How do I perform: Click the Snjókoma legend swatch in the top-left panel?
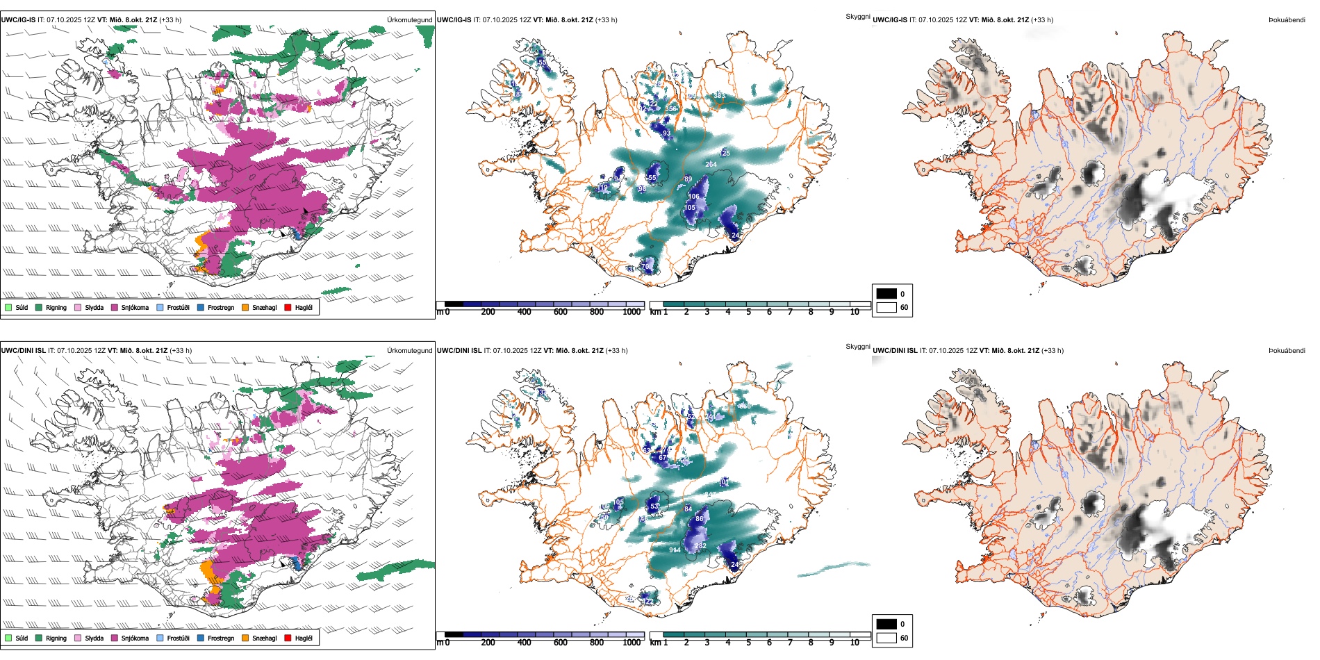pos(115,307)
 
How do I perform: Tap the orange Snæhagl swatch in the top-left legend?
pos(245,307)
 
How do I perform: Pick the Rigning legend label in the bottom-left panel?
pos(56,638)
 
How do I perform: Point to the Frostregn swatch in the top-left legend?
pos(201,307)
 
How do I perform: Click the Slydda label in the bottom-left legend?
pos(94,638)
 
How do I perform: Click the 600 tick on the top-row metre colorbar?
pos(560,312)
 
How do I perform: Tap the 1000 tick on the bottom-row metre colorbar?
pos(632,643)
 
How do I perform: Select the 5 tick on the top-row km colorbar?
pos(748,312)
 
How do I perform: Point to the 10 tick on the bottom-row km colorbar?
pos(855,643)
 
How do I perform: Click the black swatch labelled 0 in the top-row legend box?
pos(886,294)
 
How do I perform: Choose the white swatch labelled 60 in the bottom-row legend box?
pos(886,638)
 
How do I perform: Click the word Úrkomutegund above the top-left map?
pos(409,20)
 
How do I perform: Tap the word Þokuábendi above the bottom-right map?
pos(1287,351)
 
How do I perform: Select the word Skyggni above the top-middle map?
pos(857,16)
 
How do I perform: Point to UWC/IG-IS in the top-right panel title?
pos(890,20)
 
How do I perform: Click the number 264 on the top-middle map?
pos(711,165)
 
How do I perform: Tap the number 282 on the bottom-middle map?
pos(700,546)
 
